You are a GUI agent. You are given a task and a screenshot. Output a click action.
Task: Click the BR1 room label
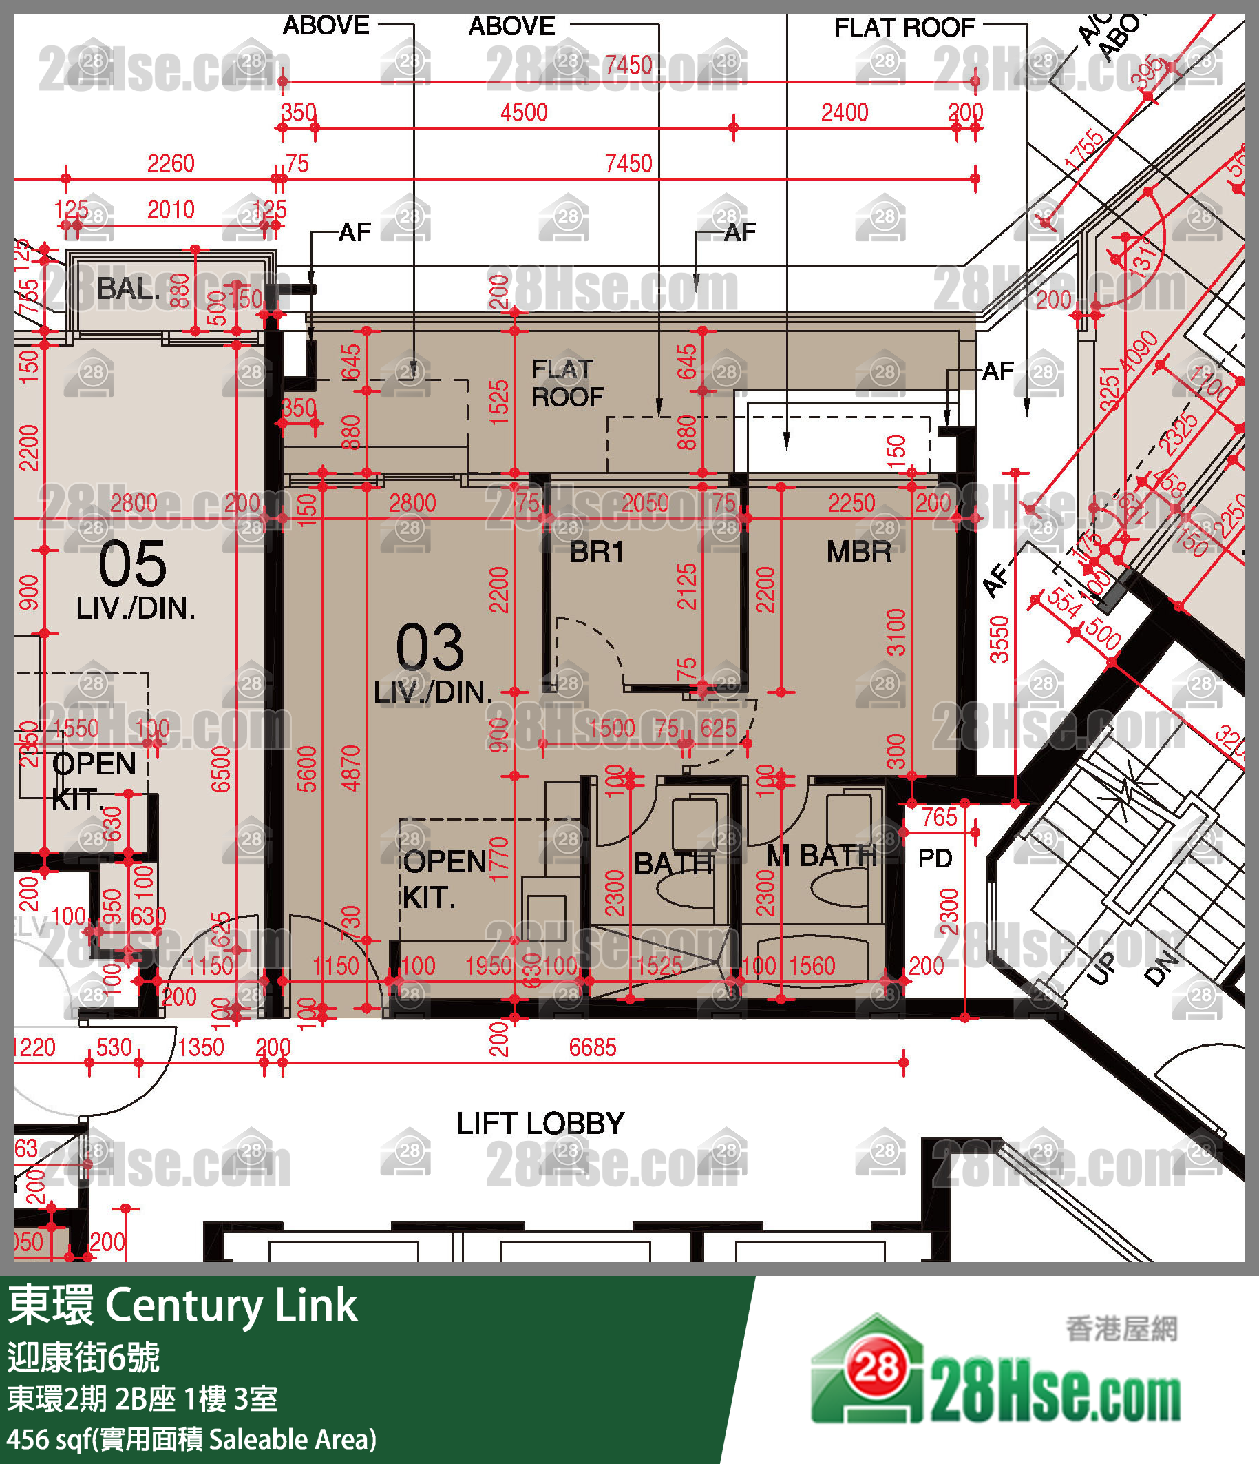click(x=597, y=553)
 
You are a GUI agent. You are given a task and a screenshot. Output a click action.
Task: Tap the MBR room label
click(x=858, y=553)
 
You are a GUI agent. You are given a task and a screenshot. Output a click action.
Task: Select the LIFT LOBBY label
click(x=540, y=1124)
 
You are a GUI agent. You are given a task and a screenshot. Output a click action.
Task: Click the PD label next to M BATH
click(x=935, y=858)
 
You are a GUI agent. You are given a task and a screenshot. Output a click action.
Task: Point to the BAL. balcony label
click(x=128, y=289)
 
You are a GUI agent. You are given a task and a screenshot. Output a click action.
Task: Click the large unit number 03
click(x=430, y=648)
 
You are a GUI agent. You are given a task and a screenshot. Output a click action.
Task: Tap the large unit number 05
click(x=132, y=564)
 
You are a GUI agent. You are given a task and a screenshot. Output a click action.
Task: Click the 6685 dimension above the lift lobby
click(x=593, y=1047)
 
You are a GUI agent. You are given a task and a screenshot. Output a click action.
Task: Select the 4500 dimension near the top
click(x=523, y=113)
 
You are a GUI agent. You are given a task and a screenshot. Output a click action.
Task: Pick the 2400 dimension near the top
click(x=844, y=113)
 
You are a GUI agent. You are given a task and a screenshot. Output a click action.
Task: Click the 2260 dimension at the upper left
click(x=170, y=164)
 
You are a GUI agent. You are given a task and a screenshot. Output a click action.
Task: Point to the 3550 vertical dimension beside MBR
click(x=998, y=639)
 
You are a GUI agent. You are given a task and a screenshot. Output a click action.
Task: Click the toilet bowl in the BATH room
click(x=684, y=891)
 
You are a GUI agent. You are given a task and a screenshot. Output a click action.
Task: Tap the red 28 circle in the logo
click(x=877, y=1369)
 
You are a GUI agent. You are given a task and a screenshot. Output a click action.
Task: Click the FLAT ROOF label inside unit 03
click(x=567, y=384)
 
